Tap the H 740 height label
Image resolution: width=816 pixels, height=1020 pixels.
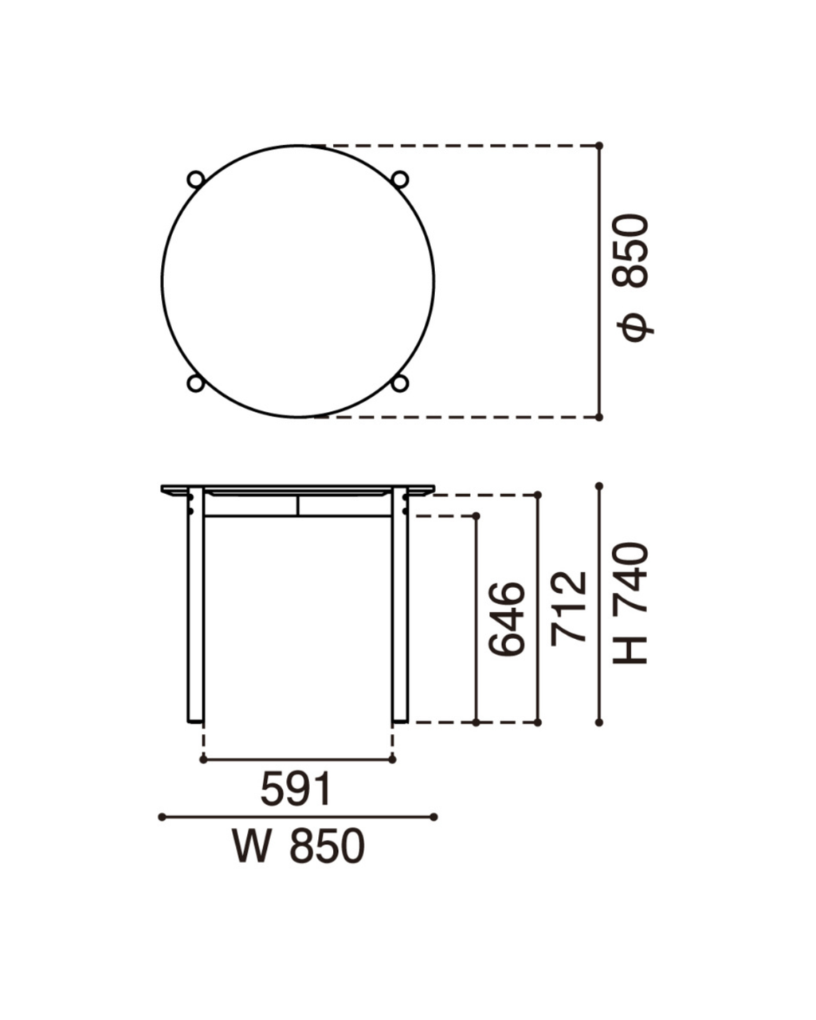point(630,603)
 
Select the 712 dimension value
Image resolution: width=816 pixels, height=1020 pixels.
point(568,609)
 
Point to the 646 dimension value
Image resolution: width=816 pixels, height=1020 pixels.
point(507,619)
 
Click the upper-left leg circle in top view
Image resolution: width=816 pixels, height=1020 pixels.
point(195,179)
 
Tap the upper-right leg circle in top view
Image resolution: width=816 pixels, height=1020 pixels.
point(400,179)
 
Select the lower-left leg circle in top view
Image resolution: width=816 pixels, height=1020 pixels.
point(195,383)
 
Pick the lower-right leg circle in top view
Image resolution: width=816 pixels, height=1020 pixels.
point(400,383)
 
